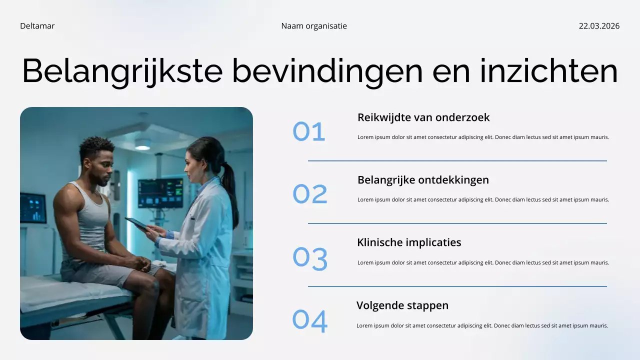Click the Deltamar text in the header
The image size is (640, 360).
tap(37, 26)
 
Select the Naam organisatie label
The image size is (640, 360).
tap(313, 26)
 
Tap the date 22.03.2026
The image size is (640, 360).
tap(599, 26)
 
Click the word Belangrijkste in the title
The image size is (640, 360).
tap(122, 71)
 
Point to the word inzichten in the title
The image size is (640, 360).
tap(548, 71)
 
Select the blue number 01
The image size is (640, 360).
tap(309, 132)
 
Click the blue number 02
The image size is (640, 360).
tap(310, 194)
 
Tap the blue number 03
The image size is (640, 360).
tap(310, 259)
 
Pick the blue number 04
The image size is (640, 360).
tap(310, 321)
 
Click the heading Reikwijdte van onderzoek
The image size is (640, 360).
tap(423, 117)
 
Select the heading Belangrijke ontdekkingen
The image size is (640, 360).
tap(423, 180)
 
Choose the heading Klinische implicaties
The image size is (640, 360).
tap(409, 242)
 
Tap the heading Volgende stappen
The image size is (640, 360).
tap(402, 305)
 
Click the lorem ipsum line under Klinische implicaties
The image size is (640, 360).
tap(483, 262)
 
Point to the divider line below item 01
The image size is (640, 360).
tap(457, 161)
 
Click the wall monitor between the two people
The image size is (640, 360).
tap(160, 192)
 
